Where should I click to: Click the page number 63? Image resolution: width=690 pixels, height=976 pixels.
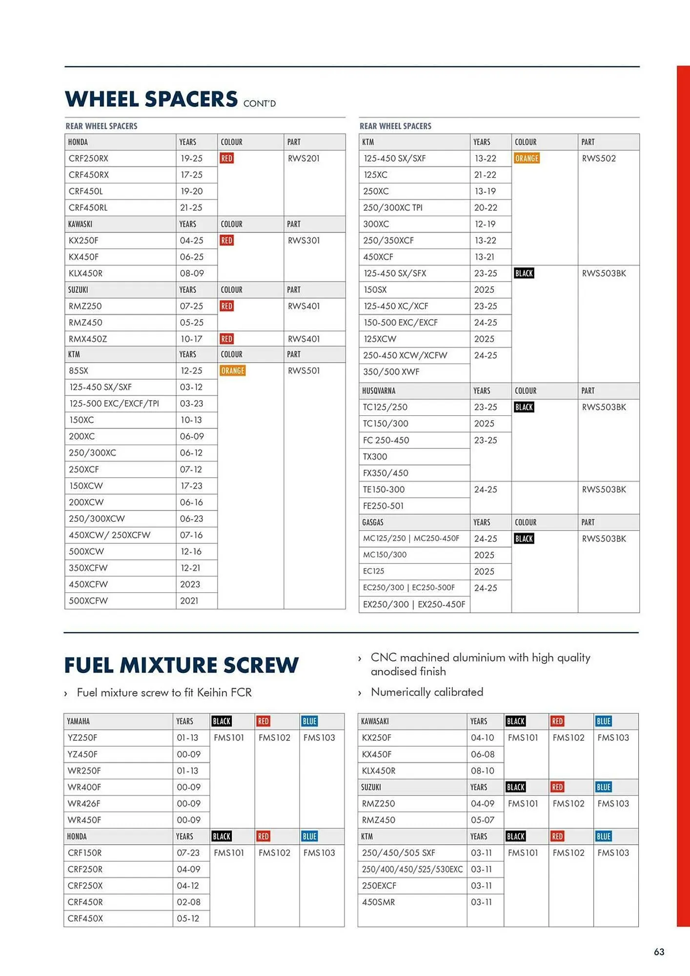(659, 952)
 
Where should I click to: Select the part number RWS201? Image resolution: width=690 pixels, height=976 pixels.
(304, 159)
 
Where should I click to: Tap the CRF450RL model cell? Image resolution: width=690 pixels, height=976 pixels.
(88, 207)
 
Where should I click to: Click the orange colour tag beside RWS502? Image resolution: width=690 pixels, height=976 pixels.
(527, 159)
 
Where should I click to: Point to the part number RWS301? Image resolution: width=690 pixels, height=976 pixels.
(304, 241)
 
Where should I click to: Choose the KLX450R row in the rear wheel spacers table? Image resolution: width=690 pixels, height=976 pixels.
(86, 273)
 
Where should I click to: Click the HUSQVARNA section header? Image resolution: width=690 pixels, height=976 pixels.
(379, 391)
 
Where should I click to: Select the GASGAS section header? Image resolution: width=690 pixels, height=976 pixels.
(373, 522)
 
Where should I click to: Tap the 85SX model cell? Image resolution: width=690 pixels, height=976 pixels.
(79, 371)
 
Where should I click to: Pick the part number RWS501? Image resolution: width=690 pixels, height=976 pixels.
(304, 371)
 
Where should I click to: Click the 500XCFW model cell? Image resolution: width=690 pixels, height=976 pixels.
(88, 601)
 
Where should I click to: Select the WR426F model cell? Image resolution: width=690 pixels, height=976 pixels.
(84, 804)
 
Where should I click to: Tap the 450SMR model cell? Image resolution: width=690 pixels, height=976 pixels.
(379, 902)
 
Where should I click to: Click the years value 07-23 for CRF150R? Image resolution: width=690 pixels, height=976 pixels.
(188, 853)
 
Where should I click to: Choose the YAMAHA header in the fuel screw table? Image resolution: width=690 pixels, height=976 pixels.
(78, 721)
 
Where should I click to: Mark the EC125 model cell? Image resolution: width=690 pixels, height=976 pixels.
(373, 571)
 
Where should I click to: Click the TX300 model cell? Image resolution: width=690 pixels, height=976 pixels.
(375, 457)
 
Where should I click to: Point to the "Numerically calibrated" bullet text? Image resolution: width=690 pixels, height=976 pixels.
(427, 692)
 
